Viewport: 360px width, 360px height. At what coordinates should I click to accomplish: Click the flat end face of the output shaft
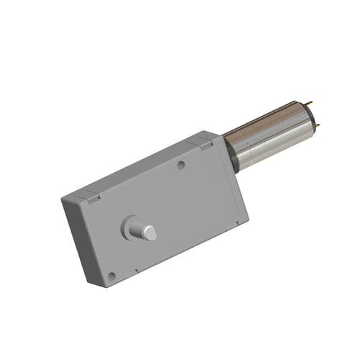tap(149, 232)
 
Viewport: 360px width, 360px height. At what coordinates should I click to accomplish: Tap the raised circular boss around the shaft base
tap(130, 228)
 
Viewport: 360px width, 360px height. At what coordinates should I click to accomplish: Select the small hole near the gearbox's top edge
tap(181, 164)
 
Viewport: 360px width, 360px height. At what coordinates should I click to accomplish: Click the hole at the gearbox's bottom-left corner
tap(112, 276)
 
